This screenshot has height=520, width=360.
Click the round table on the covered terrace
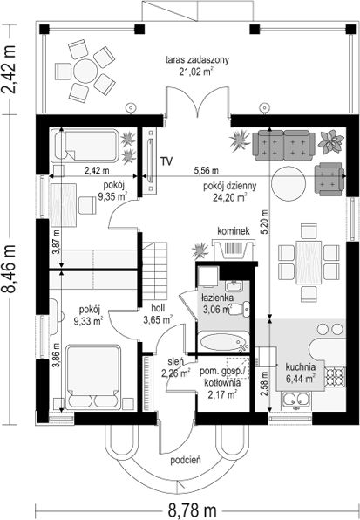click(85, 71)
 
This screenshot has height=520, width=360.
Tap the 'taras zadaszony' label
click(197, 60)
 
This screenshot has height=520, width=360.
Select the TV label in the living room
click(166, 161)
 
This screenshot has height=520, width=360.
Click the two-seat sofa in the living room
click(283, 145)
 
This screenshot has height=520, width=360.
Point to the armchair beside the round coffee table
click(329, 179)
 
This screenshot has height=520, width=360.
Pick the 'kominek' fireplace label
click(234, 231)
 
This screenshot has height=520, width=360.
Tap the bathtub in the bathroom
click(224, 342)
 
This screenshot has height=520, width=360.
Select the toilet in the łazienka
click(242, 309)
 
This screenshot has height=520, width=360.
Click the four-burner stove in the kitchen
click(336, 378)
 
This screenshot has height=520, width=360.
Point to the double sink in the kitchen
click(295, 400)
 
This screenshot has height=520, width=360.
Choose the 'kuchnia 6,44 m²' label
click(300, 373)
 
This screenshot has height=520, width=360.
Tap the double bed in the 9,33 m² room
click(93, 377)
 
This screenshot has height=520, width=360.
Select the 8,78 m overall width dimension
click(192, 510)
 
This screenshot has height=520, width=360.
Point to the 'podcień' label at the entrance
click(186, 460)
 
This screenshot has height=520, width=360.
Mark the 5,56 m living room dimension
click(206, 171)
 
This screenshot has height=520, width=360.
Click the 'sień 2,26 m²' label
click(175, 368)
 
